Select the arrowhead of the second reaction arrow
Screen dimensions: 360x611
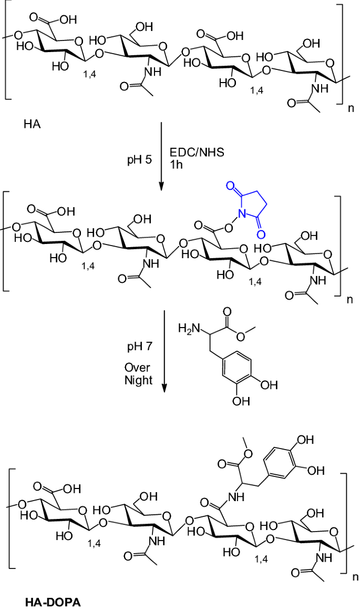tap(164, 388)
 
